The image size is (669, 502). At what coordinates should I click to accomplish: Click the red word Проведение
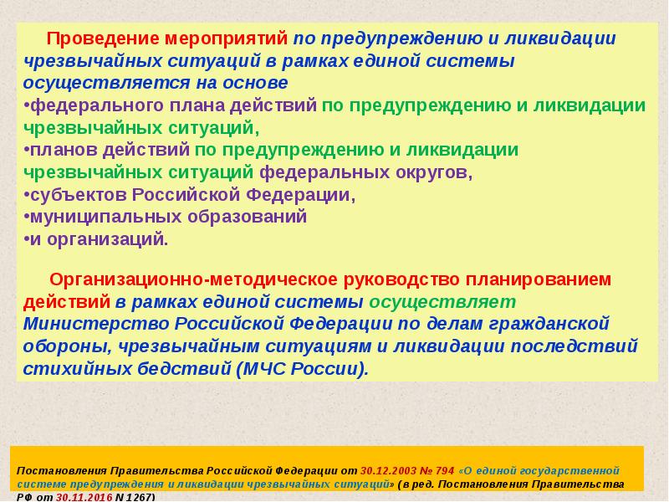pyautogui.click(x=103, y=38)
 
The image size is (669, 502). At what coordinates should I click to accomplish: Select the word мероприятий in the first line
pyautogui.click(x=226, y=38)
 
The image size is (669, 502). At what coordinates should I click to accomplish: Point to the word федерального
pyautogui.click(x=96, y=106)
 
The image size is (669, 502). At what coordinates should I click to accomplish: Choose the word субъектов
pyautogui.click(x=79, y=195)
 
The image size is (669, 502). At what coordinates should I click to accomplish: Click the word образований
pyautogui.click(x=248, y=217)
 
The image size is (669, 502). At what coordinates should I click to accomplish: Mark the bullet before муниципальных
pyautogui.click(x=27, y=218)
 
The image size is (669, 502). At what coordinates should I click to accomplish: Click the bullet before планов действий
pyautogui.click(x=27, y=150)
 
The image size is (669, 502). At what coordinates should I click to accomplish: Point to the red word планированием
pyautogui.click(x=538, y=280)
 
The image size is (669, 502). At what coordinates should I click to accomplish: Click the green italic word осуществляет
pyautogui.click(x=442, y=302)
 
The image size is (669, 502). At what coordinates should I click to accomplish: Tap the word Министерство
pyautogui.click(x=96, y=324)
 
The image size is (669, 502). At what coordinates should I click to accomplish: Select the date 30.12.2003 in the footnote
pyautogui.click(x=388, y=471)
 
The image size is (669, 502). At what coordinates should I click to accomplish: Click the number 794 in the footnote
pyautogui.click(x=445, y=471)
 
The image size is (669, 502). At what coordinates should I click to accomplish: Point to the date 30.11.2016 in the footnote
pyautogui.click(x=84, y=497)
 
